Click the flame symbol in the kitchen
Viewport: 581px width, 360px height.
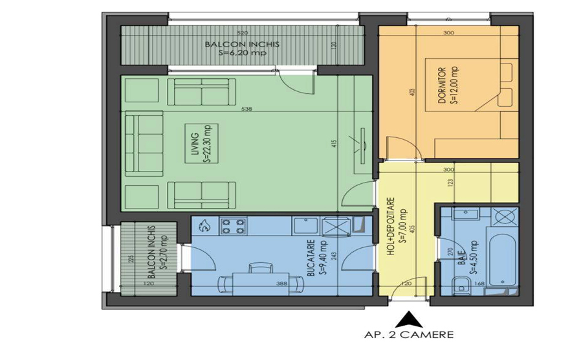coord(204,226)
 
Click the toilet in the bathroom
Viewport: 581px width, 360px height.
coord(460,283)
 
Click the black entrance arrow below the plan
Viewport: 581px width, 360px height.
coord(408,318)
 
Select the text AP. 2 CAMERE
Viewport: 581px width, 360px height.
coord(409,335)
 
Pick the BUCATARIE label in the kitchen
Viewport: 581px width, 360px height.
coord(311,259)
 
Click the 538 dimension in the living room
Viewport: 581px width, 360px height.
coord(246,109)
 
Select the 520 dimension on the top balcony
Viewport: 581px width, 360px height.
coord(242,32)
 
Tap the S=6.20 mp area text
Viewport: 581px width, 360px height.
coord(242,54)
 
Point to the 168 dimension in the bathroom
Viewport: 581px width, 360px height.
coord(480,283)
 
